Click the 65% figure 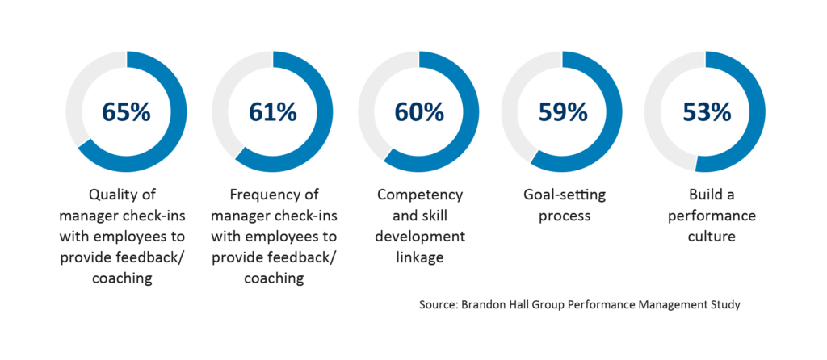pyautogui.click(x=126, y=111)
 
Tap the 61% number pyautogui.click(x=273, y=111)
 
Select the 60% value pyautogui.click(x=418, y=111)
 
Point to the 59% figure pyautogui.click(x=563, y=111)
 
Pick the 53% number pyautogui.click(x=707, y=111)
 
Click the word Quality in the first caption pyautogui.click(x=112, y=195)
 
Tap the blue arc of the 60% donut pyautogui.click(x=471, y=121)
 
